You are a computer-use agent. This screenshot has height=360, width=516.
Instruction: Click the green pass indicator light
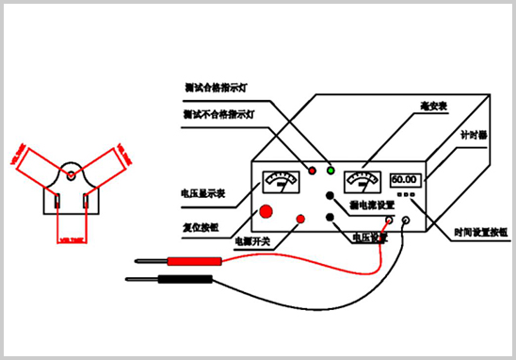coord(331,170)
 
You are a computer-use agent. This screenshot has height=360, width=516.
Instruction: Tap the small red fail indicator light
coord(312,170)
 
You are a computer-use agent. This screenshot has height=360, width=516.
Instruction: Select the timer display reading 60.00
coord(405,179)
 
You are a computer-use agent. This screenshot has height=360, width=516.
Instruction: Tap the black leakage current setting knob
coord(331,195)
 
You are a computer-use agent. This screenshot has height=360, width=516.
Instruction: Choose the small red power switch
coord(301,220)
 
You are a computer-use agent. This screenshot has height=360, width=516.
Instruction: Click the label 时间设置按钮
coord(479,231)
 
